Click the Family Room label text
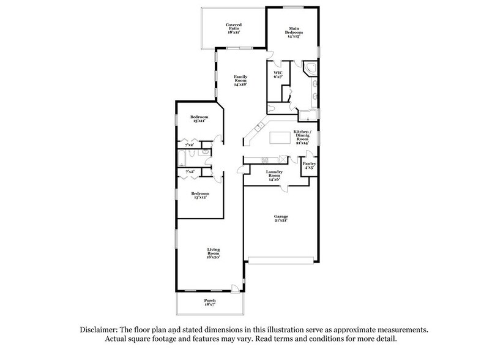coord(240,80)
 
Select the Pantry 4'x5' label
coord(310,166)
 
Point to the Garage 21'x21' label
coord(281,219)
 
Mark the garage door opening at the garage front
coord(283,260)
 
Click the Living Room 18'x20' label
coord(213,253)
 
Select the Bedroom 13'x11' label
coord(199,119)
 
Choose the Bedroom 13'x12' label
coord(199,195)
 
